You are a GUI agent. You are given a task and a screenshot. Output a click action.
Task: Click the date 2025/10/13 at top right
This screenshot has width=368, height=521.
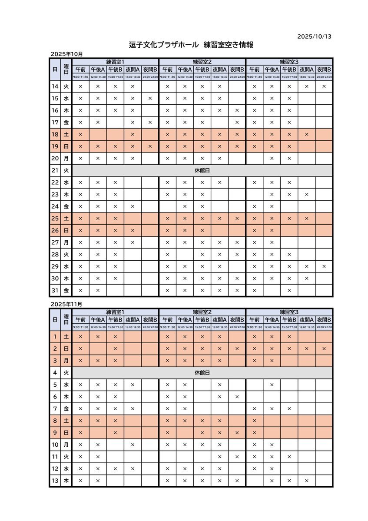coord(314,37)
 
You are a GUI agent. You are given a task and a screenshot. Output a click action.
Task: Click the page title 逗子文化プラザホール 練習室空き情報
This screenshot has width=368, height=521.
coord(191,45)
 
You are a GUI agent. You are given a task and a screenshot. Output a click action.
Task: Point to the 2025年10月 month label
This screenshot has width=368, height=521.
coord(66,54)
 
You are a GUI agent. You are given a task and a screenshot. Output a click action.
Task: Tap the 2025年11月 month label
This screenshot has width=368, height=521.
coord(66,305)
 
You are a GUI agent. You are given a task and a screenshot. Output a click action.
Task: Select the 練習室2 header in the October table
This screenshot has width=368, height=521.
coord(202,61)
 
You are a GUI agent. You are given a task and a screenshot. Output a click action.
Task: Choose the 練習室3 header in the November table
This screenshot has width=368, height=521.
coord(289,312)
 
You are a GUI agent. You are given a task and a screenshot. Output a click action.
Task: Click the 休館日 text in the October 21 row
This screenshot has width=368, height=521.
coord(202,171)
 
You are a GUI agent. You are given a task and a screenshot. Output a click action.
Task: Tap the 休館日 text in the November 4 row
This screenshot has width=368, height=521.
coord(202,373)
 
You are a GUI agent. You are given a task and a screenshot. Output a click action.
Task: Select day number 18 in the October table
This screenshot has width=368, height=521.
coord(55,135)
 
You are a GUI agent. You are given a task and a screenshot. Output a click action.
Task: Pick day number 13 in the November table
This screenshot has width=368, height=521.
coord(55,481)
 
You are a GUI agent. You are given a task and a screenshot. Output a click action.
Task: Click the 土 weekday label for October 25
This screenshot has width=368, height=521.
coord(66,218)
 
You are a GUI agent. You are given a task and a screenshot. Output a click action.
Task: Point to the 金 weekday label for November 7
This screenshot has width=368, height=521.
coord(66,409)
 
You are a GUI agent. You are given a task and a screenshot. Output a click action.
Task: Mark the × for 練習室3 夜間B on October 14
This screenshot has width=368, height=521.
coord(324,86)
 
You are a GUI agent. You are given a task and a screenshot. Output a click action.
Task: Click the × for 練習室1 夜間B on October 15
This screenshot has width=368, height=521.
coord(150,99)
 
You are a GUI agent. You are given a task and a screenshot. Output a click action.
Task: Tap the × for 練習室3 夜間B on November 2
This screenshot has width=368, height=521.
coord(324,348)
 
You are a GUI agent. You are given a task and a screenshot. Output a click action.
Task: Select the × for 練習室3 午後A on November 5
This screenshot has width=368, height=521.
coord(272,385)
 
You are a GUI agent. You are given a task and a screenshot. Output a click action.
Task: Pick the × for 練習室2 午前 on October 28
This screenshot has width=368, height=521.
coord(167,254)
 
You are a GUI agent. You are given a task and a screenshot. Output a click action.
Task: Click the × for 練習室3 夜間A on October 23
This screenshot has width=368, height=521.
coord(306,194)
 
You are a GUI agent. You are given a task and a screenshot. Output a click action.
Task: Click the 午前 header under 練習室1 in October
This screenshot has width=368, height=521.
coord(80,69)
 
